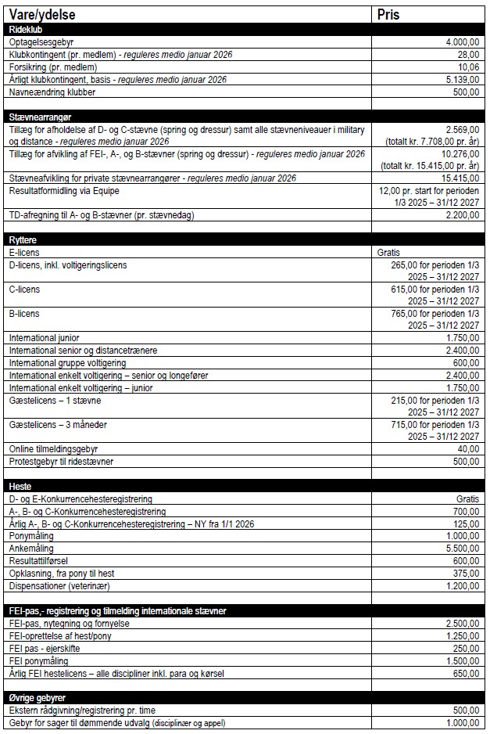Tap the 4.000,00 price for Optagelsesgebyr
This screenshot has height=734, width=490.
[x=462, y=41]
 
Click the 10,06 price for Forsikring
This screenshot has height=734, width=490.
[x=468, y=67]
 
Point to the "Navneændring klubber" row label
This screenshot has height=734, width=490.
[x=52, y=92]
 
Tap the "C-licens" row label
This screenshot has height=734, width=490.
[x=24, y=289]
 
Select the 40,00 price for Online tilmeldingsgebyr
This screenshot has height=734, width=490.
[x=468, y=449]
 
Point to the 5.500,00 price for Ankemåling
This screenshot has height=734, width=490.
[x=462, y=549]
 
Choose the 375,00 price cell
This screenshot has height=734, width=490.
[x=467, y=573]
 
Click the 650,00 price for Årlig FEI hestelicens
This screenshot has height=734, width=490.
[x=467, y=673]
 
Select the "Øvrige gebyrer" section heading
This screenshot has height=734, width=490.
[x=37, y=697]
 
